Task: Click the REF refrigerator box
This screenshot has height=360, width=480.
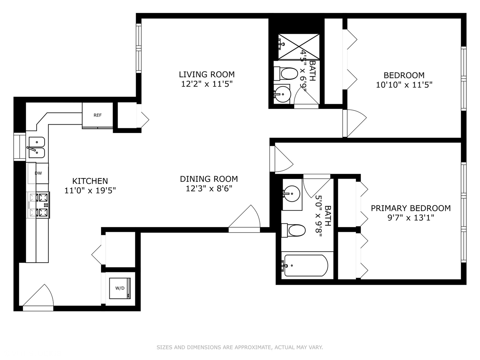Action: (x=97, y=115)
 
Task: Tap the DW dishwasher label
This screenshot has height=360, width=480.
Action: (x=38, y=173)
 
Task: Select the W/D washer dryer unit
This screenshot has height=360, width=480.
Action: (x=120, y=288)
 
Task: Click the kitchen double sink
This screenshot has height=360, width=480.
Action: (x=36, y=147)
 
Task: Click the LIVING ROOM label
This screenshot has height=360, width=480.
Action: (x=207, y=74)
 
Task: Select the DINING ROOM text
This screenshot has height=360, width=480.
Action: (x=209, y=179)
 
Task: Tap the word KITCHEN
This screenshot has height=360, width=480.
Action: (x=90, y=181)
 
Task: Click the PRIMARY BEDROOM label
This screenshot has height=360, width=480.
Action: (x=411, y=208)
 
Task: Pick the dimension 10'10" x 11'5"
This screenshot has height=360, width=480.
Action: (x=404, y=85)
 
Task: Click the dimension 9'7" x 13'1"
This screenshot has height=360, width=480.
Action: (x=411, y=218)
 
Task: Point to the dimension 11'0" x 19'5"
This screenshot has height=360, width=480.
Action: (x=90, y=191)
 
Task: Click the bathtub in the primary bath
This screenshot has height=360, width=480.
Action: (x=305, y=266)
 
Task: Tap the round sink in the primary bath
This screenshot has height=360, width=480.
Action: (x=292, y=193)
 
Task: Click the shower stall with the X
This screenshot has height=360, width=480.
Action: (x=299, y=46)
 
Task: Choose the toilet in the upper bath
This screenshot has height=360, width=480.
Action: (x=287, y=74)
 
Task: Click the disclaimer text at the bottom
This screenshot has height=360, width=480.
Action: (x=240, y=347)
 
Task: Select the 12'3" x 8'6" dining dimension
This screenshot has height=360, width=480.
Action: (x=209, y=189)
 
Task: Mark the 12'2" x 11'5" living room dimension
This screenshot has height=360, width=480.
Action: (x=207, y=84)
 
